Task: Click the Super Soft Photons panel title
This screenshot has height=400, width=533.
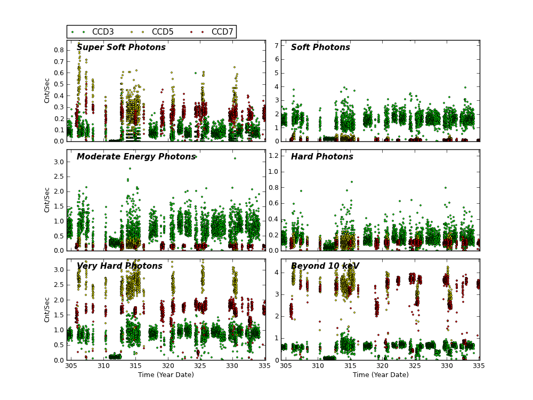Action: (x=121, y=47)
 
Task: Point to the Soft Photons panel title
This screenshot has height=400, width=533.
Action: (x=320, y=47)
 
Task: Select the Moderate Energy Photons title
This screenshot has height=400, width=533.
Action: (x=136, y=157)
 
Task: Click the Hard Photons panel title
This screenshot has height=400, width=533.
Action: (x=322, y=157)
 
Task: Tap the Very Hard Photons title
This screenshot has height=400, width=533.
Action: (x=119, y=266)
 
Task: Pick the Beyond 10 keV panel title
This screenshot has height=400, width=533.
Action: (x=325, y=266)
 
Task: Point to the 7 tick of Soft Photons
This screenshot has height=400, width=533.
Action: (x=276, y=45)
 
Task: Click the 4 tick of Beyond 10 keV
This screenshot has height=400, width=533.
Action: (x=276, y=272)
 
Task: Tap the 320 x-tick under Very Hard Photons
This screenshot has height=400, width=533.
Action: (x=168, y=366)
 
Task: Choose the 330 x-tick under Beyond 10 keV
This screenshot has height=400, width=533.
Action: (x=447, y=366)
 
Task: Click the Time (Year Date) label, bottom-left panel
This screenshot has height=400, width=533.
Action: (x=166, y=375)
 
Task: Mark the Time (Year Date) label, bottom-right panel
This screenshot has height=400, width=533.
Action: (x=381, y=375)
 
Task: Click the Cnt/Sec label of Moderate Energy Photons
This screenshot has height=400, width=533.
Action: (x=47, y=199)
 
